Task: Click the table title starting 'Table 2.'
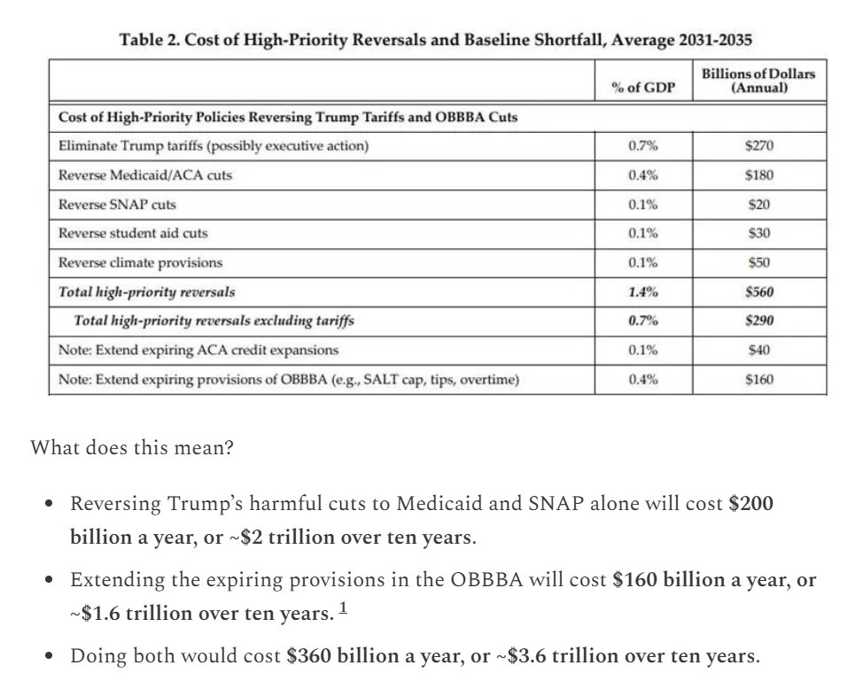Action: coord(437,40)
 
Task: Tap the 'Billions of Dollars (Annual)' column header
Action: coord(758,81)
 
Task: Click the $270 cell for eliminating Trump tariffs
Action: coord(758,146)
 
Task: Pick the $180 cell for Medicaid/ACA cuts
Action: coord(758,175)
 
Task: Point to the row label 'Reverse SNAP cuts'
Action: coord(117,205)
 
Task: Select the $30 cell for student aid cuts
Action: coord(758,234)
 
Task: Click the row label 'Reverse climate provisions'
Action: coord(140,263)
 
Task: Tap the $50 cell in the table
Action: coord(758,263)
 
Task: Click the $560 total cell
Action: coord(758,291)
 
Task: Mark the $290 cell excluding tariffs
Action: coord(758,321)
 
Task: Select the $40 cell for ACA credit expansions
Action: coord(758,350)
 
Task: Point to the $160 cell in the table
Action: coord(758,380)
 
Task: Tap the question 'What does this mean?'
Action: coord(132,447)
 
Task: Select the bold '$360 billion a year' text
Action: coord(369,657)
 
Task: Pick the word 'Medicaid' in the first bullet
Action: coord(433,504)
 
